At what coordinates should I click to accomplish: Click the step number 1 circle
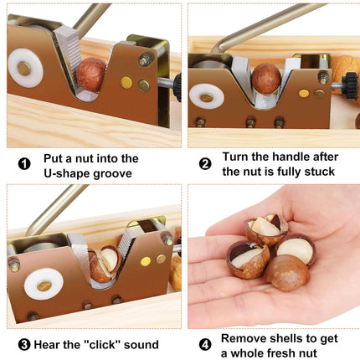pos(25,164)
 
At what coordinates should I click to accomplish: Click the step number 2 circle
pos(205,164)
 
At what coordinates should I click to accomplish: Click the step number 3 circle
pos(25,344)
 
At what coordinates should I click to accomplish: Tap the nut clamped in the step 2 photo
pos(267,79)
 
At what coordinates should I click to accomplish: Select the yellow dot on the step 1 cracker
pos(126,83)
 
